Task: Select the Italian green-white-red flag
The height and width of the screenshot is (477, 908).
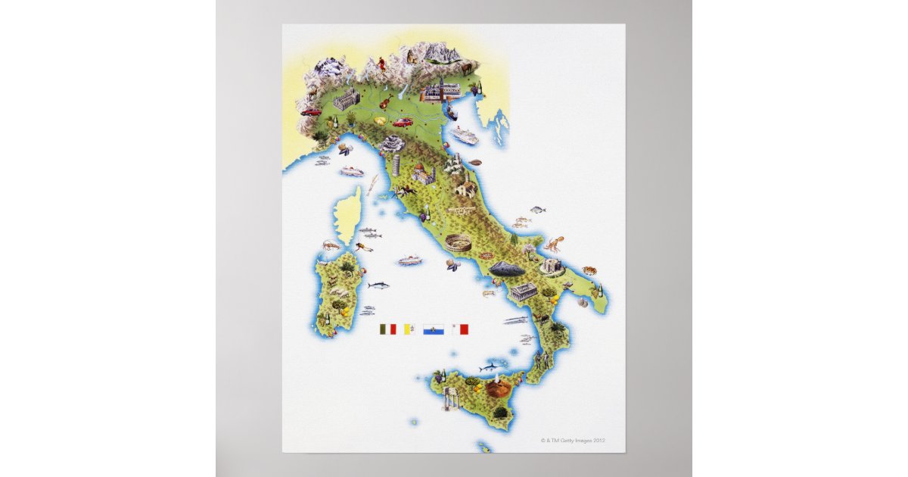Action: point(387,329)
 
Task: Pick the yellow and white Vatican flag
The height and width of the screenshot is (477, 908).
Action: point(409,329)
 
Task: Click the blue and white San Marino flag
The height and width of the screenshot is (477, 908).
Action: point(434,329)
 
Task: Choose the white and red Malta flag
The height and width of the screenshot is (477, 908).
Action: point(460,329)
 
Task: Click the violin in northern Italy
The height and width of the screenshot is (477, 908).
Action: point(386,101)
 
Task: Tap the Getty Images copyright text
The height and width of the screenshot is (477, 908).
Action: point(573,440)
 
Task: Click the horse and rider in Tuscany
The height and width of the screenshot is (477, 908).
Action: point(406,190)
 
